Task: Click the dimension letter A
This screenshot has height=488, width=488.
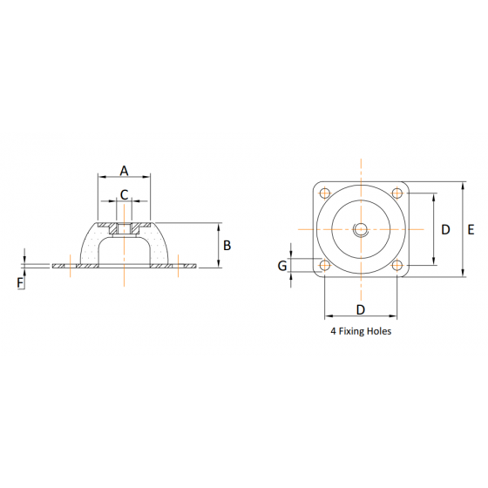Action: click(124, 170)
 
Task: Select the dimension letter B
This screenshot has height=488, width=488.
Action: click(227, 245)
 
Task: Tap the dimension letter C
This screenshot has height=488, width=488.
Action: click(124, 194)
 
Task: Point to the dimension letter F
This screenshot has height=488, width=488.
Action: click(20, 281)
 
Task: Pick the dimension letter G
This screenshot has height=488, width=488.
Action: click(282, 265)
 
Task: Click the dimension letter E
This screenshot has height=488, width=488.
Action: click(470, 229)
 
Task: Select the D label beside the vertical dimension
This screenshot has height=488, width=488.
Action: click(444, 229)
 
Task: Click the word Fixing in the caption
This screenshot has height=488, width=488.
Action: click(352, 331)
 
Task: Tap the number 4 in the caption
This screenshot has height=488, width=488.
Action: click(333, 331)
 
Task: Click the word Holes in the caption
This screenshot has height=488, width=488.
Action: click(378, 331)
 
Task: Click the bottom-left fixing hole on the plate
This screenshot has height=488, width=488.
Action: click(325, 265)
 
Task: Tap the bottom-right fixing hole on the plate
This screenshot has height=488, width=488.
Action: click(396, 265)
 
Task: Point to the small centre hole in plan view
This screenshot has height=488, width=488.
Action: click(360, 229)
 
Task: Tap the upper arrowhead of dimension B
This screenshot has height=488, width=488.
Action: click(216, 226)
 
